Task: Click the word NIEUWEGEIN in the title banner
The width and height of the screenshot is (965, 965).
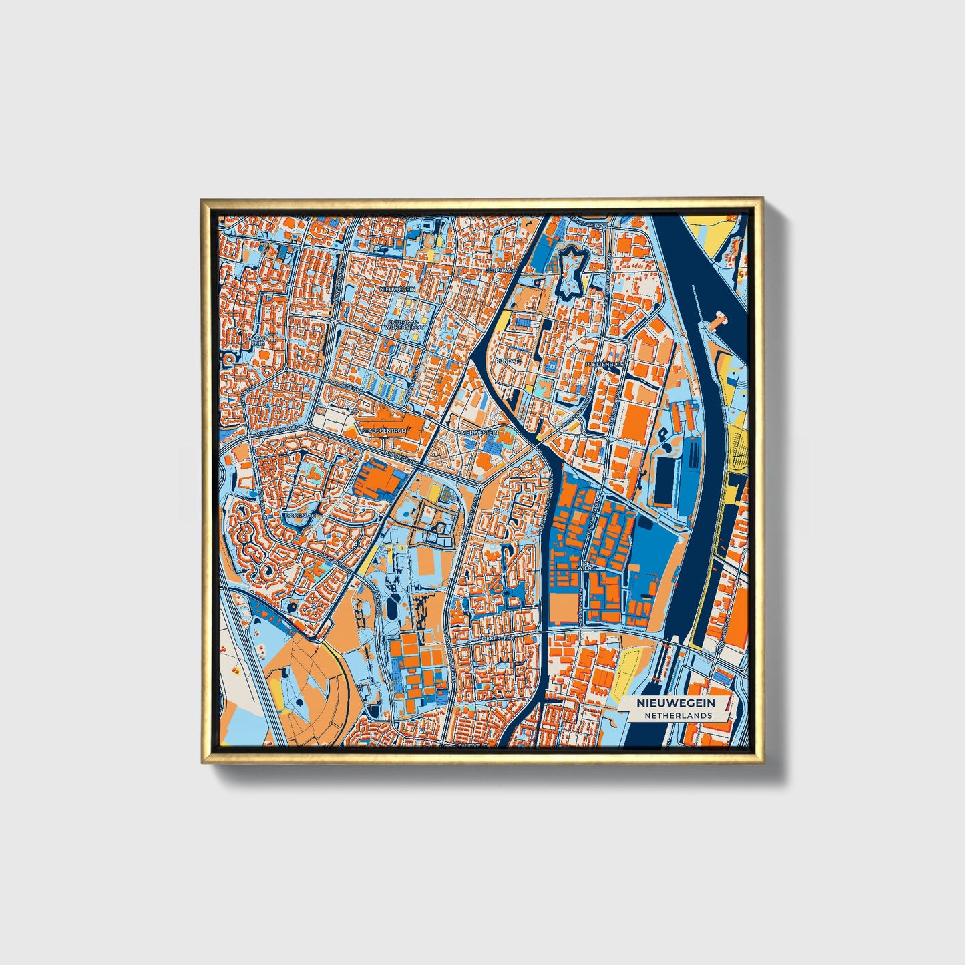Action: [676, 703]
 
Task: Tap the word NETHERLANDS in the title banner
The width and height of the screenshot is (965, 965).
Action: [678, 715]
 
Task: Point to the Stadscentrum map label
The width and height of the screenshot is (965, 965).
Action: [383, 431]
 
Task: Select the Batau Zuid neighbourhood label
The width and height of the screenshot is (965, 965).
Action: [257, 341]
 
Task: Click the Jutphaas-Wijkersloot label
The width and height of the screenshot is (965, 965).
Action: [403, 325]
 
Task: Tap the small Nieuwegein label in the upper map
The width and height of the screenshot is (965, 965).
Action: [398, 288]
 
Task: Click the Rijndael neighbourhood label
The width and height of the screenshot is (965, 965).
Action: [508, 359]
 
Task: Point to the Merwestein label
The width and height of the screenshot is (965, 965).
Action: [479, 433]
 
